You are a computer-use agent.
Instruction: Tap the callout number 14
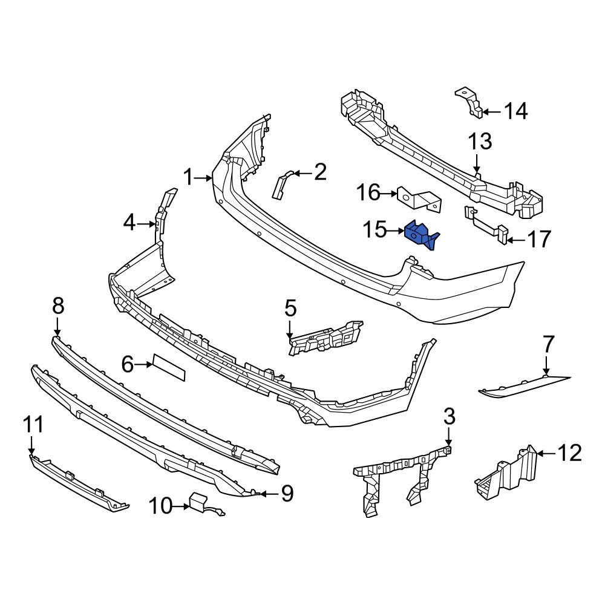(515, 111)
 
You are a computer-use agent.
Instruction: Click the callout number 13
(479, 143)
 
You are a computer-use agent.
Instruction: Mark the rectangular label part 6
(169, 367)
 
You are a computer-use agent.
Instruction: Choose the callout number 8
(57, 307)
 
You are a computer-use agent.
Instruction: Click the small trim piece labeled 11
(79, 484)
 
